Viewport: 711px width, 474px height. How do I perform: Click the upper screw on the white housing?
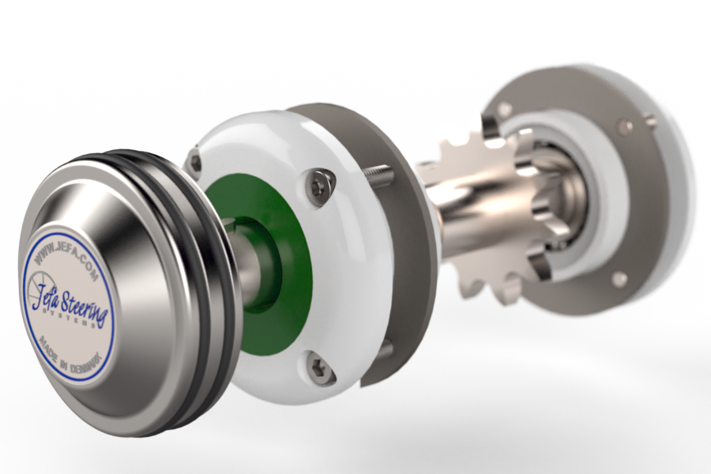(x=318, y=186)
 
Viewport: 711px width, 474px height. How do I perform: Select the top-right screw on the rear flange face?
(x=624, y=125)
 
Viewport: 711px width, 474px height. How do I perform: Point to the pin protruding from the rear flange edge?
(x=650, y=121)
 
